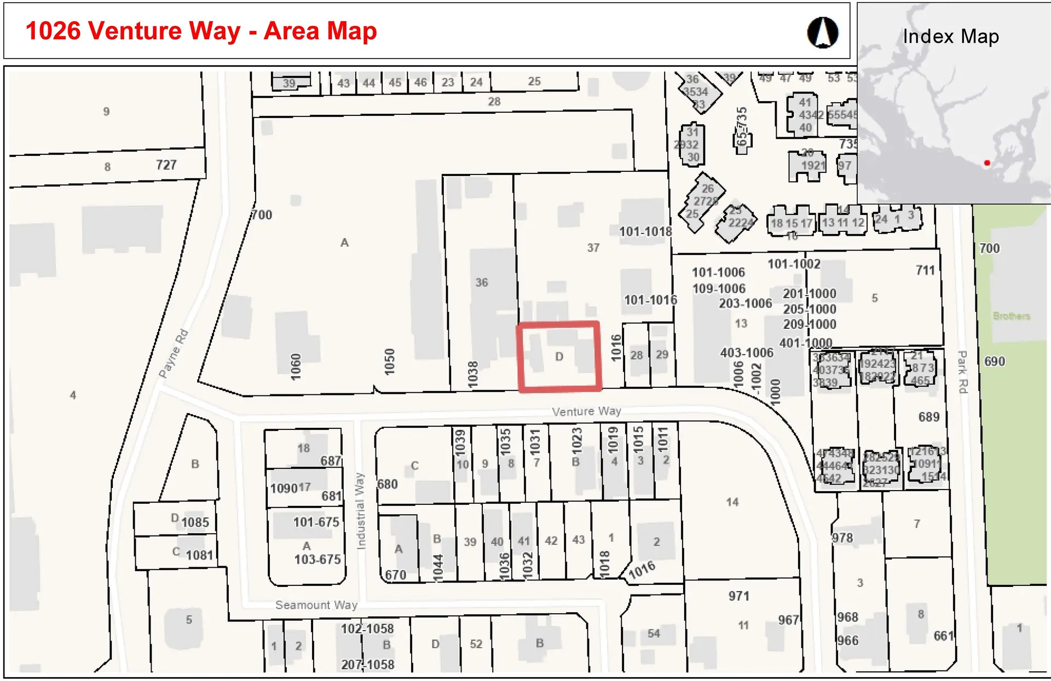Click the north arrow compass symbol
tap(822, 32)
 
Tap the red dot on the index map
tap(987, 163)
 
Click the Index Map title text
tap(951, 37)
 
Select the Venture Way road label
tap(586, 411)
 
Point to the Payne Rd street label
tap(174, 353)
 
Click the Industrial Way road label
tap(360, 511)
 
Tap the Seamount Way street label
tap(316, 605)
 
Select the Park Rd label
tap(962, 372)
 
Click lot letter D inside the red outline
tap(559, 357)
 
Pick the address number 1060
tap(296, 367)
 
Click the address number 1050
tap(389, 362)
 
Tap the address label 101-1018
tap(645, 232)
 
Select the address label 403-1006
tap(747, 353)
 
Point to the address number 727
tap(166, 165)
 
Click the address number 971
tap(738, 596)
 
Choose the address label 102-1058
tap(367, 629)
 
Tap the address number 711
tap(925, 270)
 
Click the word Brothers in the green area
tap(1012, 316)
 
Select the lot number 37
tap(593, 248)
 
